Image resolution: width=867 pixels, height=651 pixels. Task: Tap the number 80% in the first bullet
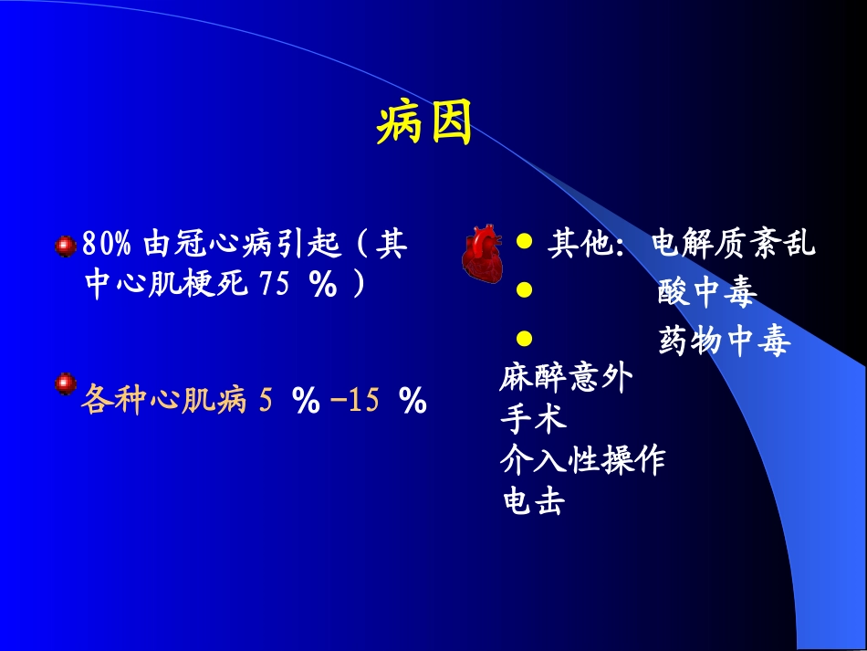108,245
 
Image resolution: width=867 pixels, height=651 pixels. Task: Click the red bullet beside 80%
65,245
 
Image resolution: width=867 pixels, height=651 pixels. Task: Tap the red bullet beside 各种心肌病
65,383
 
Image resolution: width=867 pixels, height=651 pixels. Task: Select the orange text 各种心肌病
164,400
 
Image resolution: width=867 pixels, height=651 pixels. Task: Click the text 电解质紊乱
734,245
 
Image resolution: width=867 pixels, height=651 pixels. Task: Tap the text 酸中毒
706,293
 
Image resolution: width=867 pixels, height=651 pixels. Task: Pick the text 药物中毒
723,341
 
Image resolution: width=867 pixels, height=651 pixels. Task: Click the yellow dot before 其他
524,242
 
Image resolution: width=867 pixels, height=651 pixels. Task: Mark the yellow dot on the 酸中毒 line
524,290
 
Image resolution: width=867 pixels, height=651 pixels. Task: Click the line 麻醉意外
566,378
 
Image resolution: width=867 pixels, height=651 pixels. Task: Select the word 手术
533,418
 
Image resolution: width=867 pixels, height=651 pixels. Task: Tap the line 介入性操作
582,459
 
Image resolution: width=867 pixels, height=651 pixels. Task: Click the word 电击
533,500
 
